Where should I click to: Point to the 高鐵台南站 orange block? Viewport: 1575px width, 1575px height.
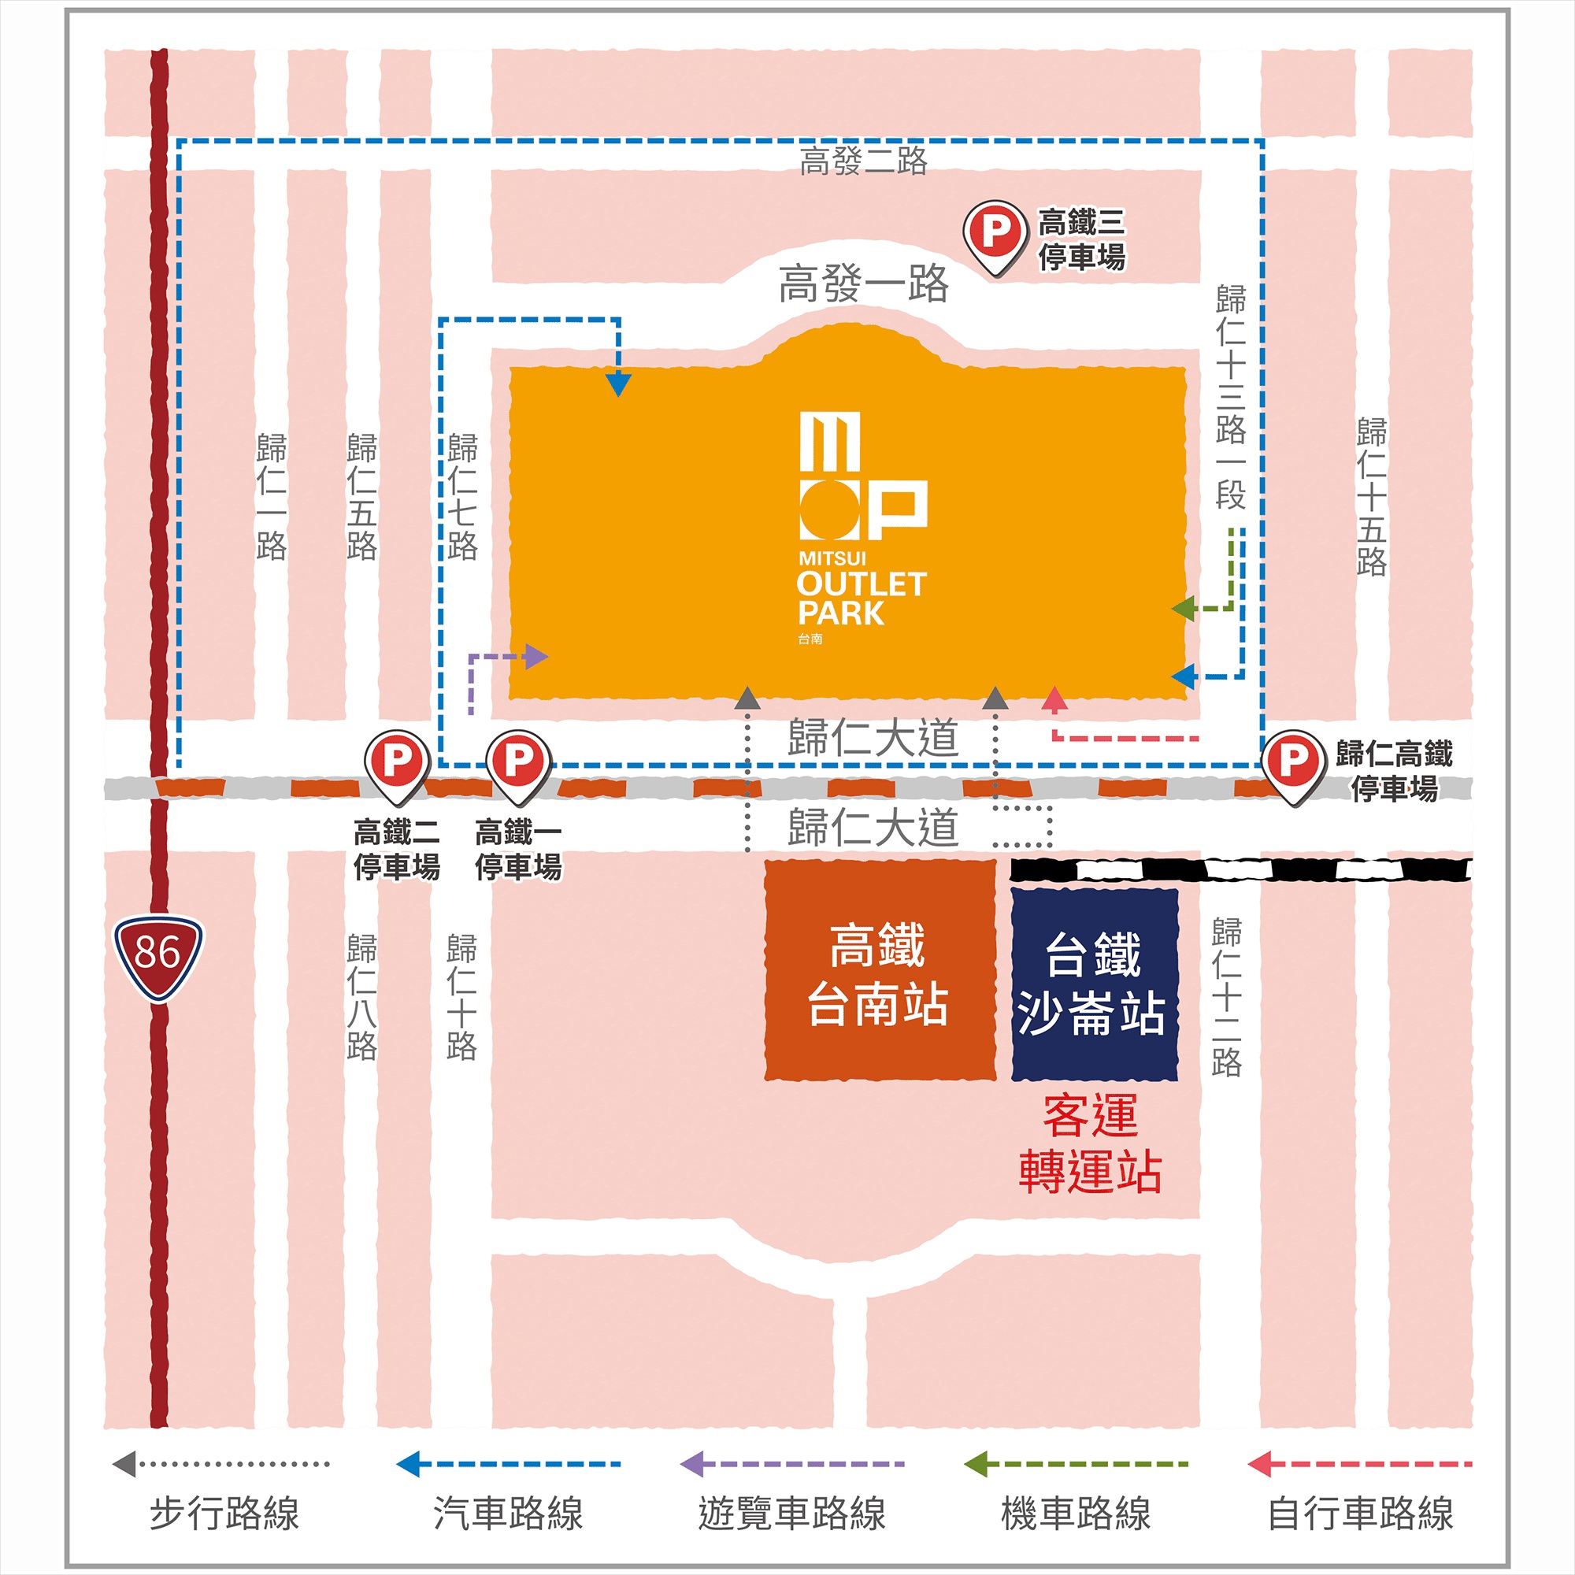[880, 970]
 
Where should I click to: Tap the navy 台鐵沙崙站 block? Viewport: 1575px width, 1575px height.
[1094, 984]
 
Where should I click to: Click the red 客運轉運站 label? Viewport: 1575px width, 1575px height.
[1090, 1143]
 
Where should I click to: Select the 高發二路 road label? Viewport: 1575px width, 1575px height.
[863, 161]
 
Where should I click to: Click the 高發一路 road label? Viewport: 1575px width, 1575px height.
[863, 283]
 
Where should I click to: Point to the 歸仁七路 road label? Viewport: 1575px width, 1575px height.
[462, 496]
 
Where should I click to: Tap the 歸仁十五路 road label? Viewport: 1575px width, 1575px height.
[1371, 496]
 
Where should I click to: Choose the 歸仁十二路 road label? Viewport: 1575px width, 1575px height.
[1226, 996]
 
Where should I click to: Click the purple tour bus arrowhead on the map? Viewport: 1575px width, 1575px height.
[536, 656]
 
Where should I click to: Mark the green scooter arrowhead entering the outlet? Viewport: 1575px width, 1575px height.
[1183, 608]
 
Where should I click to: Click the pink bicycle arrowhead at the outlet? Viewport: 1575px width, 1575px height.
[1054, 699]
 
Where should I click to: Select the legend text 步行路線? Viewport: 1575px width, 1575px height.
[224, 1514]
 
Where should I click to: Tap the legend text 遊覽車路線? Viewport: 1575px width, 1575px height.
[791, 1514]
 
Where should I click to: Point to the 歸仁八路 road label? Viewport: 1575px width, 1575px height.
[362, 996]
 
